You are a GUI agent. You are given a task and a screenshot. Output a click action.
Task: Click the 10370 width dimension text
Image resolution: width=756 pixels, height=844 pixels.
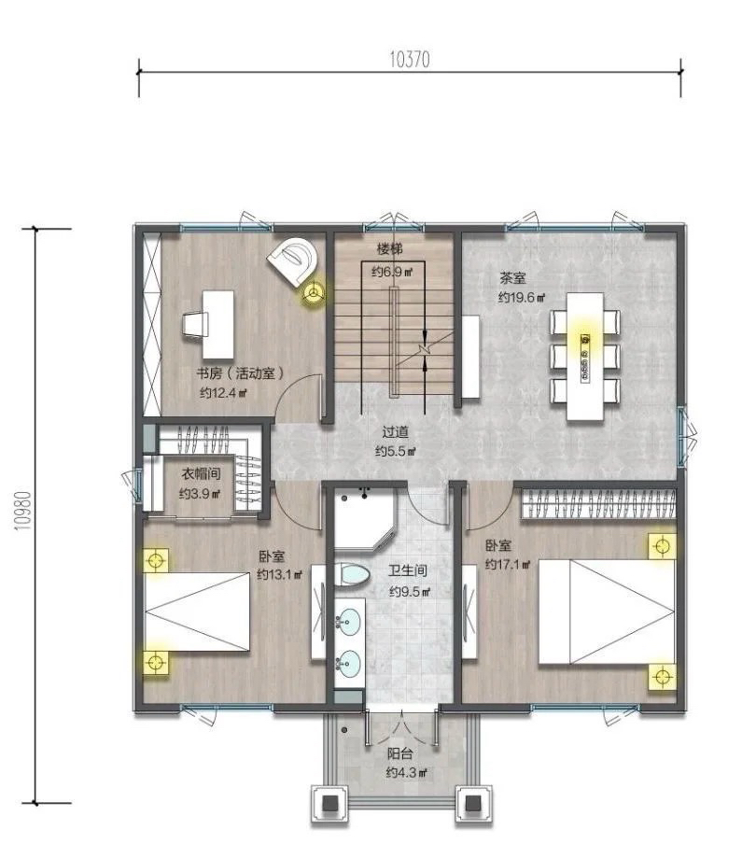(x=410, y=59)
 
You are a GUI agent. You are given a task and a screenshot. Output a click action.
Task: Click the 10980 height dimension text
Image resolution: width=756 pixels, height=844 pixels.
(x=23, y=511)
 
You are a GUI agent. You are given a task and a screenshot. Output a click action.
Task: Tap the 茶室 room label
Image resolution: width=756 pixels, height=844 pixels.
(x=512, y=278)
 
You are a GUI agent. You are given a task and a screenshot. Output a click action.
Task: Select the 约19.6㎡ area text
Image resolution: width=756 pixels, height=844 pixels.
(x=522, y=297)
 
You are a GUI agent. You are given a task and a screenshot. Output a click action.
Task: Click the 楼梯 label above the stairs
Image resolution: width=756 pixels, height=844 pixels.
(x=389, y=249)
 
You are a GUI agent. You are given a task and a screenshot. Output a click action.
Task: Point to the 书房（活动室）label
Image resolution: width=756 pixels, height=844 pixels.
(x=240, y=373)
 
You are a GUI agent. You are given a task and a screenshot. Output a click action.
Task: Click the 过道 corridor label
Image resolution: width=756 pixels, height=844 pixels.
(x=396, y=431)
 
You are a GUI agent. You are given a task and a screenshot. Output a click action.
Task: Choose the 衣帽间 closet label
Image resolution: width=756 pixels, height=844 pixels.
(x=201, y=473)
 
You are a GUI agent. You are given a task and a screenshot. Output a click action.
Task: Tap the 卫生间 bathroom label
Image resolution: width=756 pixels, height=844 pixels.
(x=408, y=570)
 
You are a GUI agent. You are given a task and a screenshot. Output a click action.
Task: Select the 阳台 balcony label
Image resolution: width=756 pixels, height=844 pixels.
(x=399, y=753)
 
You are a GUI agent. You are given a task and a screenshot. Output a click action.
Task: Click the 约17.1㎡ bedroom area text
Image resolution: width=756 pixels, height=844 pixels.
(x=508, y=564)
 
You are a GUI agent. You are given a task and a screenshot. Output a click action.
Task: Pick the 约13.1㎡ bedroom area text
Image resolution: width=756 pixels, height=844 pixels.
(x=279, y=574)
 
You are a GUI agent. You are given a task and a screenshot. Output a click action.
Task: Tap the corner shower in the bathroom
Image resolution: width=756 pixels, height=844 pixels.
(x=365, y=517)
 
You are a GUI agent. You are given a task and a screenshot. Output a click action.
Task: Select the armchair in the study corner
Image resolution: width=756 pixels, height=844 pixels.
(x=293, y=261)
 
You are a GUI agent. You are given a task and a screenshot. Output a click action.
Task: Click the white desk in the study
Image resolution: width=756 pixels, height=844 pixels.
(x=217, y=325)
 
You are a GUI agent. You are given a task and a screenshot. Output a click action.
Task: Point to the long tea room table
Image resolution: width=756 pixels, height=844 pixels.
(x=585, y=356)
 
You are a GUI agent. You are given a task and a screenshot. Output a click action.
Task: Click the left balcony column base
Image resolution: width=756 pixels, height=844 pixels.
(x=329, y=804)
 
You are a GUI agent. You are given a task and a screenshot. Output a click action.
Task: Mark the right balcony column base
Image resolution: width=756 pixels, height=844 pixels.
(x=473, y=804)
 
